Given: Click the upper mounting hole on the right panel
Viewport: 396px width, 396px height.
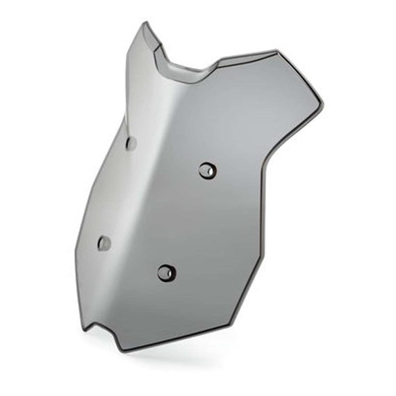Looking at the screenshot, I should pyautogui.click(x=206, y=170).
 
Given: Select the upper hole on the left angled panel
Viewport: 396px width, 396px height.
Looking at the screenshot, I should pyautogui.click(x=131, y=143).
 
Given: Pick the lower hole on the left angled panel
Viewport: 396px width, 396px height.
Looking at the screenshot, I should pyautogui.click(x=104, y=243).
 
